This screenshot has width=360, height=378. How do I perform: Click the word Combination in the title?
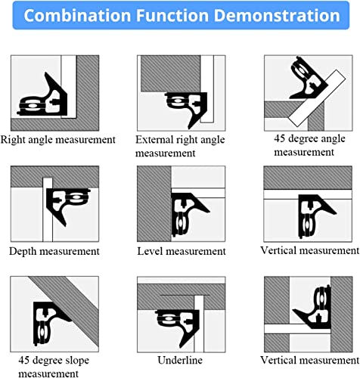coord(77,15)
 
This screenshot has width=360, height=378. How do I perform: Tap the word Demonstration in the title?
coord(277,15)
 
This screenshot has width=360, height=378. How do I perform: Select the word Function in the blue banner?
coord(172,15)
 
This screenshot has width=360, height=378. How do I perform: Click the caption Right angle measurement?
coord(58,140)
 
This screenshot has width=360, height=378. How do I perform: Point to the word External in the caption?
coord(155,139)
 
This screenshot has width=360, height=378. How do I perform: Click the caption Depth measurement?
coord(54,251)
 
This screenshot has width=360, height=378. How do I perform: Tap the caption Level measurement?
coord(182,251)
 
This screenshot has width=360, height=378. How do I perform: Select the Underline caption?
coord(180,360)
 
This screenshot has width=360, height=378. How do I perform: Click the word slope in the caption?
coord(77,361)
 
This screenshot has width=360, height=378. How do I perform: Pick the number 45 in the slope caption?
coord(23,361)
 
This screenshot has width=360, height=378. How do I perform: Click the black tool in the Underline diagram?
coord(181,325)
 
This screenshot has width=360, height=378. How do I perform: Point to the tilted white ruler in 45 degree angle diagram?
coord(317,98)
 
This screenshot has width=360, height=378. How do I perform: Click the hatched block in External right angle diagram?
coord(170,73)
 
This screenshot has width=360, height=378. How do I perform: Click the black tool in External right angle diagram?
coord(187,107)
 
